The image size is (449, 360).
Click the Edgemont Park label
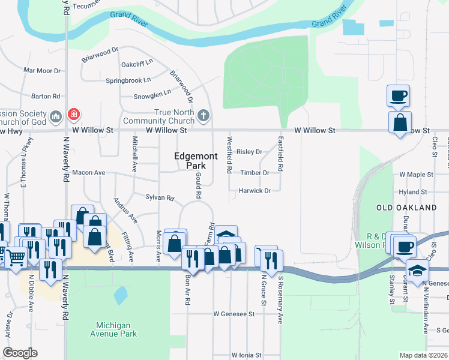190,160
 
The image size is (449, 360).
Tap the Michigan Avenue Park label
113,329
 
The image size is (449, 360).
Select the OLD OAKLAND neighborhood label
406,207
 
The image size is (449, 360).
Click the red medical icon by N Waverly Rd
73,114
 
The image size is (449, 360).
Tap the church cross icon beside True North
203,115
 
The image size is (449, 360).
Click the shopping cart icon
16,257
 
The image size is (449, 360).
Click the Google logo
19,352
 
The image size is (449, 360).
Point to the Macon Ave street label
88,173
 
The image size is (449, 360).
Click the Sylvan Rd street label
160,197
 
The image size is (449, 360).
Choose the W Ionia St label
246,355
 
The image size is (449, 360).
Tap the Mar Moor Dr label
42,70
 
